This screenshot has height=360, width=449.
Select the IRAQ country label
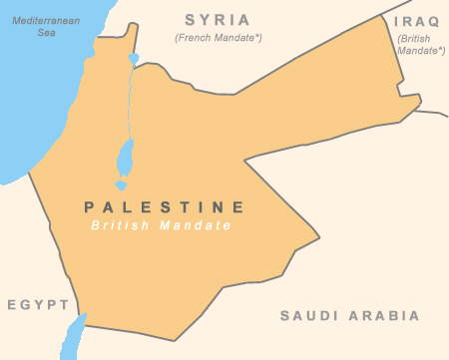click(416, 20)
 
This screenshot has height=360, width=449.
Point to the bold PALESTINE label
click(165, 207)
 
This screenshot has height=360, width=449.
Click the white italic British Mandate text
click(161, 226)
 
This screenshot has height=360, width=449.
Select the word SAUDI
click(308, 316)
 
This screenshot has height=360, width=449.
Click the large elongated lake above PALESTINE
click(126, 156)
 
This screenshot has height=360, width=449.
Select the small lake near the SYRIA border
click(133, 59)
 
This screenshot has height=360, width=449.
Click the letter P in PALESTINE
click(90, 207)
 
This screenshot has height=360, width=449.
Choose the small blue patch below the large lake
click(121, 184)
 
